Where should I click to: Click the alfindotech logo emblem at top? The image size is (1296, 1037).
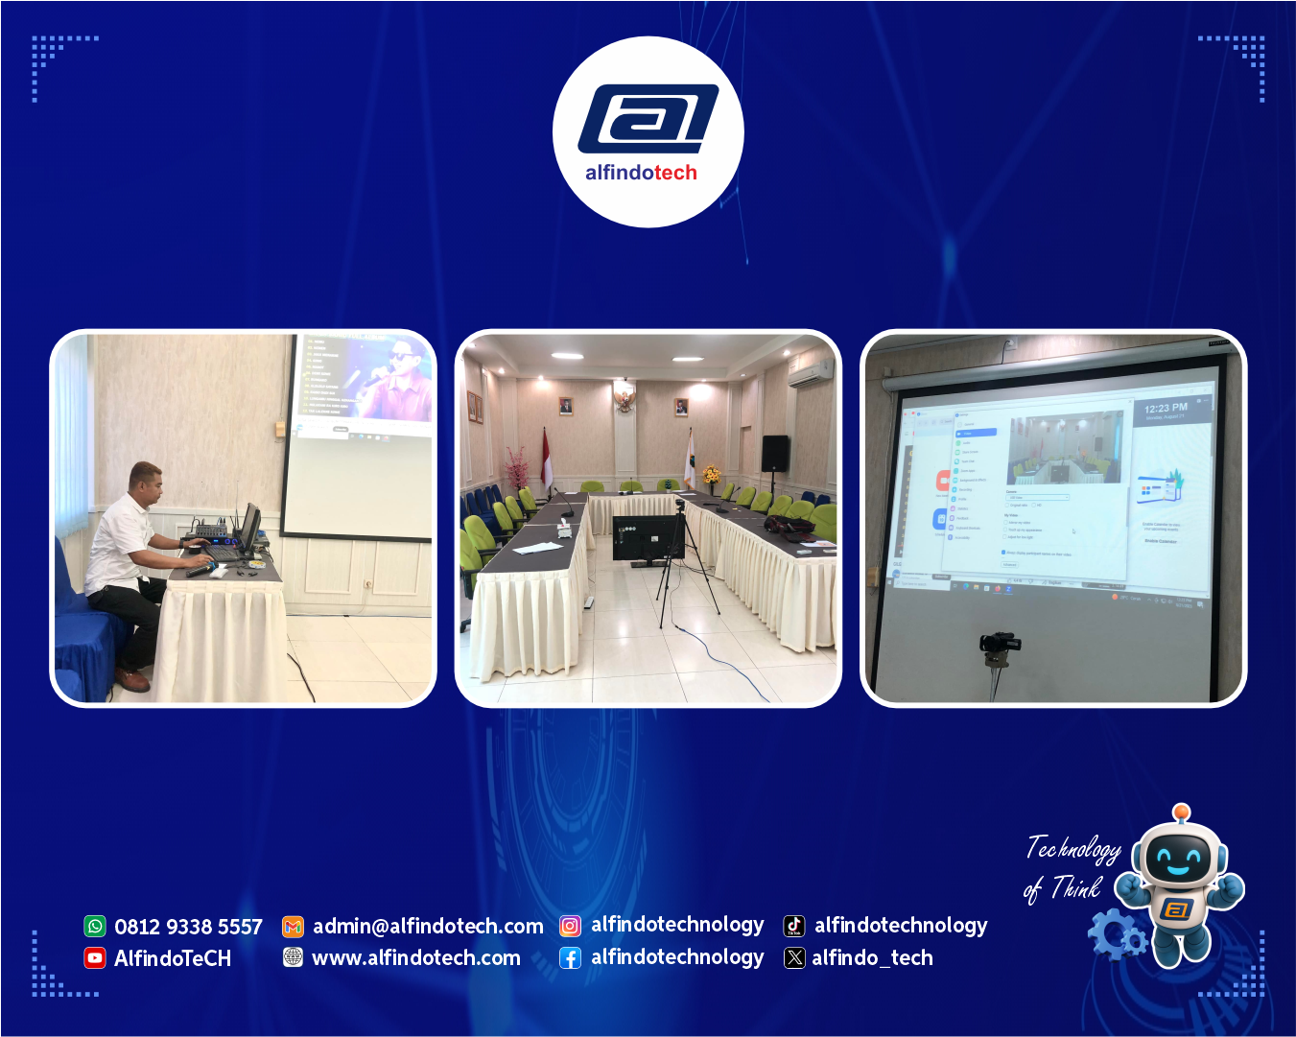tap(648, 119)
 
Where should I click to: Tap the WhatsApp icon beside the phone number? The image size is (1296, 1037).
tap(95, 926)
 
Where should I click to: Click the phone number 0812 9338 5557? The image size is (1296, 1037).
tap(188, 927)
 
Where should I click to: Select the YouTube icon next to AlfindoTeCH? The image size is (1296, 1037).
tap(95, 957)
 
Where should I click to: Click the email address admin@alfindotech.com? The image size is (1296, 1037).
tap(428, 926)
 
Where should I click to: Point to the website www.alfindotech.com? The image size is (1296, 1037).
tap(416, 957)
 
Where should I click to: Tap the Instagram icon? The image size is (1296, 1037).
tap(570, 926)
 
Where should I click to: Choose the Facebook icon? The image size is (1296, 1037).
tap(570, 957)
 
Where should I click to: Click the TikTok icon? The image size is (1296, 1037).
tap(794, 926)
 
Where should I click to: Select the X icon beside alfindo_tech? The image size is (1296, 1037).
tap(794, 957)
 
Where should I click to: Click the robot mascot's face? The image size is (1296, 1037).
tap(1177, 857)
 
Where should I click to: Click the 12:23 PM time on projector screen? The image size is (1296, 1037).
tap(1166, 408)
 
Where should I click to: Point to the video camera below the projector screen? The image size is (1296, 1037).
tap(1000, 644)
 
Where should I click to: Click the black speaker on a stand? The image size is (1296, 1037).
tap(774, 453)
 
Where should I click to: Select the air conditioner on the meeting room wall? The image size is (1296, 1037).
tap(811, 373)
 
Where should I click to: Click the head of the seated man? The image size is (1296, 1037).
tap(146, 481)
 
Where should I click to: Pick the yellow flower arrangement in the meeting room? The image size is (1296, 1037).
tap(711, 474)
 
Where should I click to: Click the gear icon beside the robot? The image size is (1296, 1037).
tap(1116, 932)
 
